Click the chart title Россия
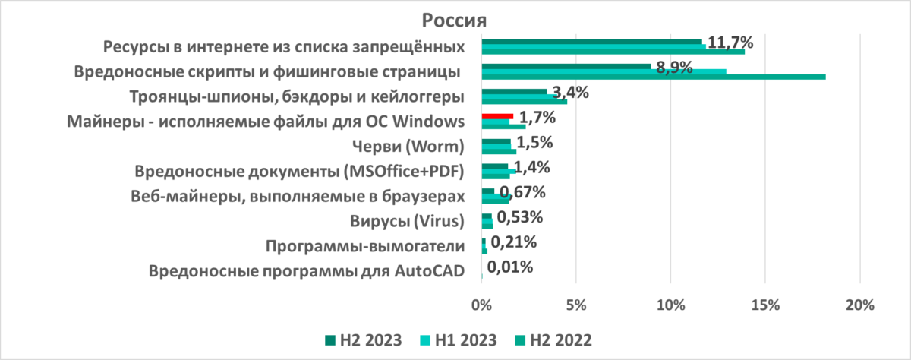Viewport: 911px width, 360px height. (454, 18)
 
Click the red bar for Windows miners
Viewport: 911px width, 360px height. (497, 116)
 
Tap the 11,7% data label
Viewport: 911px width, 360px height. (735, 43)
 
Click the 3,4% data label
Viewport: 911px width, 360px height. (571, 94)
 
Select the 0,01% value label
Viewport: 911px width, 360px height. (509, 267)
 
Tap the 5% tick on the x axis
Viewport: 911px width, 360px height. (576, 305)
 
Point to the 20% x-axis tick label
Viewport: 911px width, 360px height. (859, 305)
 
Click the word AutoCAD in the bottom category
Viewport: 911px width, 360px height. (433, 271)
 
